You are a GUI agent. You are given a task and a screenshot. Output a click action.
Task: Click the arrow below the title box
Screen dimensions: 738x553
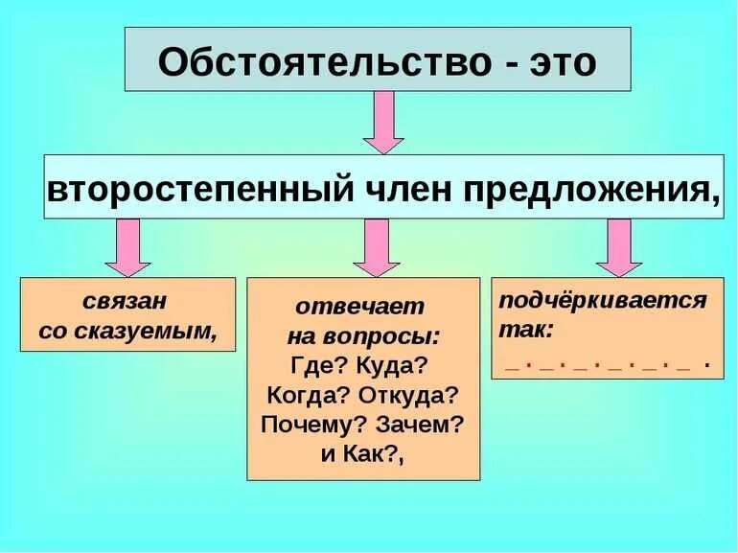(x=383, y=122)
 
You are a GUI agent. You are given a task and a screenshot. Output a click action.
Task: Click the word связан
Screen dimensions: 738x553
(x=126, y=301)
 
